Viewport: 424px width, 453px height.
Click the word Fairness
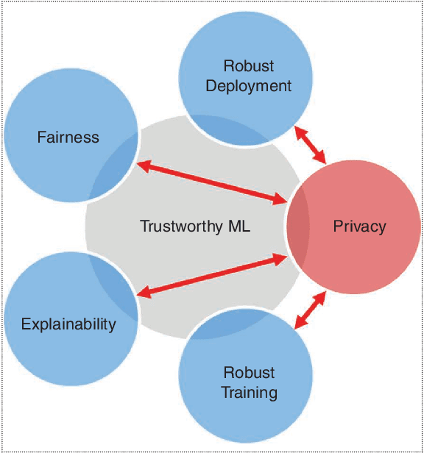(68, 138)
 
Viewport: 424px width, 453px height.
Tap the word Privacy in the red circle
(359, 226)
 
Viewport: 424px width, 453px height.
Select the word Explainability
(68, 324)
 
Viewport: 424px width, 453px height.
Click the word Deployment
(249, 86)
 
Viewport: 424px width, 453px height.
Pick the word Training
(250, 392)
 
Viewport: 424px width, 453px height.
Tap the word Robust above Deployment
(249, 66)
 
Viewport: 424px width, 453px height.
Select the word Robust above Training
(250, 372)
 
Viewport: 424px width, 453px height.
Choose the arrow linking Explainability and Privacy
(212, 276)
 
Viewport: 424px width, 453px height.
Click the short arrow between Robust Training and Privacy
(310, 309)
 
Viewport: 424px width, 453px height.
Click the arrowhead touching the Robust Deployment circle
(297, 130)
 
